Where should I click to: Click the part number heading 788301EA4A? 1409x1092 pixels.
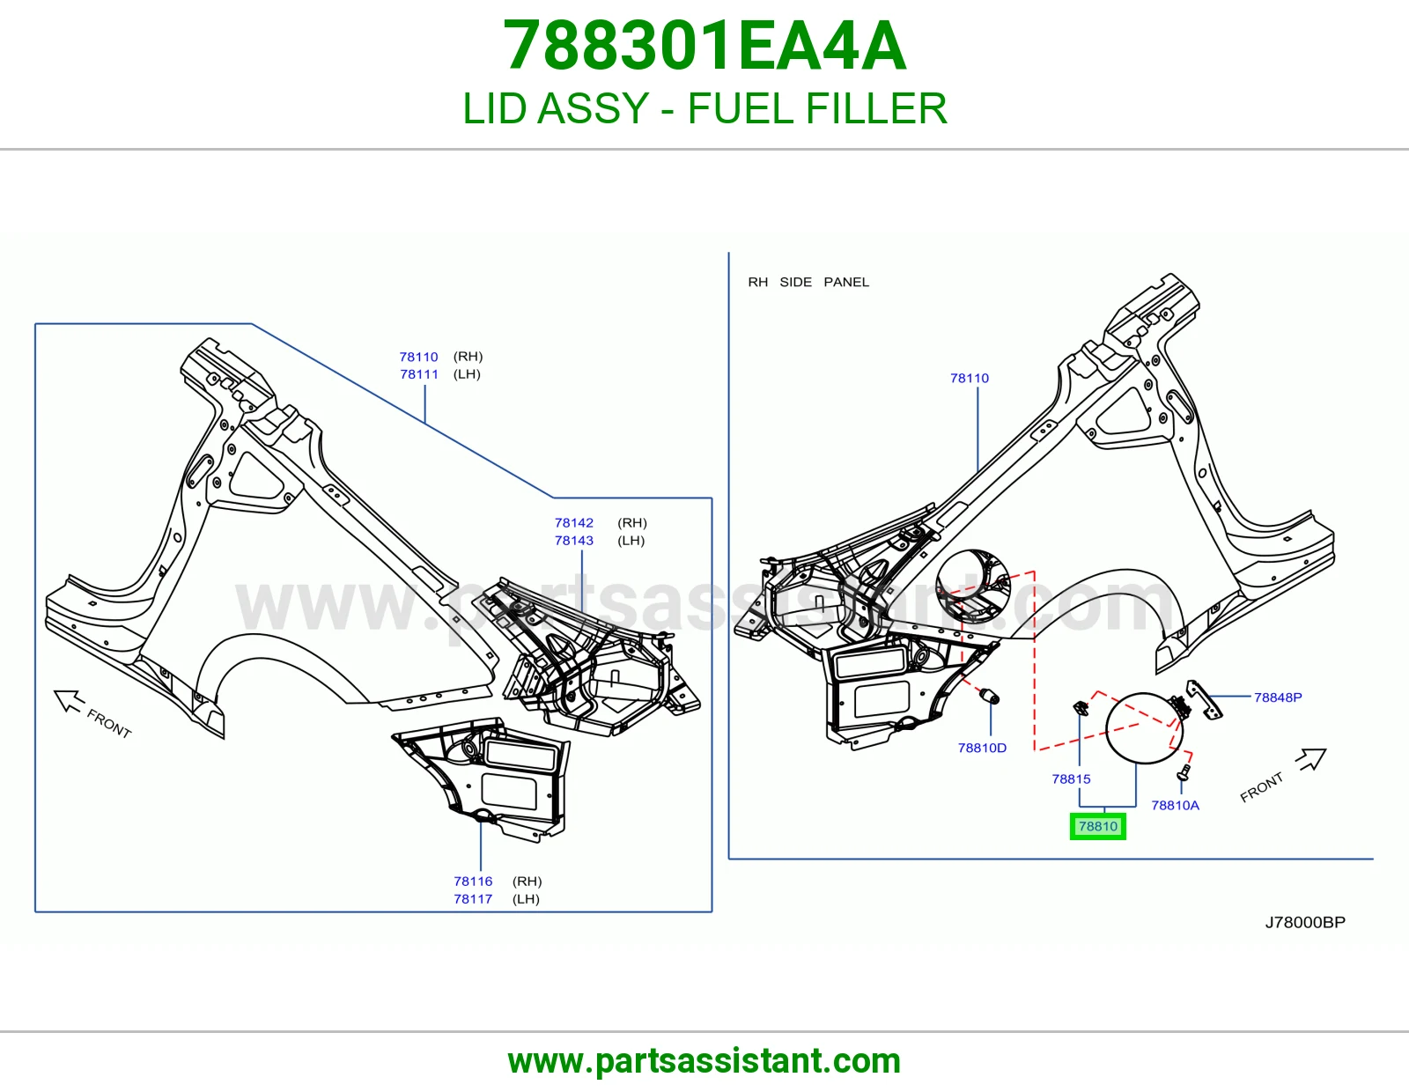[x=704, y=46]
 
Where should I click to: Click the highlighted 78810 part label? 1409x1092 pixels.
[x=1098, y=826]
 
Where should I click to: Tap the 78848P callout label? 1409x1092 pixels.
[x=1278, y=697]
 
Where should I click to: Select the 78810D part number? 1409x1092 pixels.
[x=982, y=748]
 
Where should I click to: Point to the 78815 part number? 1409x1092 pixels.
[x=1071, y=778]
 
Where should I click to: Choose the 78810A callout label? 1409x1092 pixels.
[x=1175, y=806]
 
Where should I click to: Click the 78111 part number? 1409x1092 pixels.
[x=419, y=374]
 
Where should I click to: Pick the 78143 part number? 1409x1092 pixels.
[x=574, y=540]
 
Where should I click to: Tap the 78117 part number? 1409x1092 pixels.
[x=473, y=899]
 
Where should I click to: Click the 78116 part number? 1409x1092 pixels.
[x=473, y=882]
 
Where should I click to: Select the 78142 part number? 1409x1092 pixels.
[x=574, y=522]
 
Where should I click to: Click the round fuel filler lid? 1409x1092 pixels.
[x=1144, y=727]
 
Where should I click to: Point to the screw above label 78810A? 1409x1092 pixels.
[x=1184, y=771]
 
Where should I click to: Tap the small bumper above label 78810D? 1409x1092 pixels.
[x=989, y=696]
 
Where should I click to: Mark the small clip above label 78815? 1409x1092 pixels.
[x=1081, y=708]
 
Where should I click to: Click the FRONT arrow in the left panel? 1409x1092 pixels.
[x=70, y=701]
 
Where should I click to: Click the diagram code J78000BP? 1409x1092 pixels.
[x=1305, y=922]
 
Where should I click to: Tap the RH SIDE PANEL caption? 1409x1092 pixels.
[x=808, y=282]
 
